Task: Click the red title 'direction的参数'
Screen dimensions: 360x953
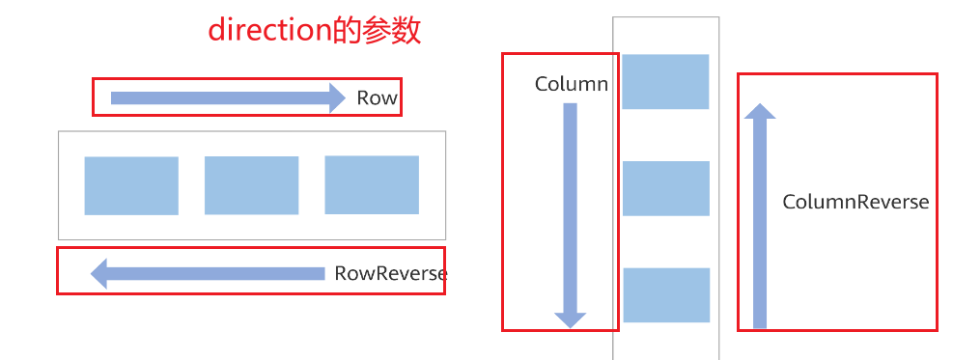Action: coord(315,31)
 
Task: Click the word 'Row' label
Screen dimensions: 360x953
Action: coord(377,97)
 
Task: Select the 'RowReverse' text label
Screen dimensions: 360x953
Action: coord(390,274)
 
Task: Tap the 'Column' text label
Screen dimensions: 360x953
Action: coord(571,85)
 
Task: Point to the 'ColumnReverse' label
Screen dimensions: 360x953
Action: coord(855,203)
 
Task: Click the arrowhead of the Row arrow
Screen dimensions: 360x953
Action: coord(335,97)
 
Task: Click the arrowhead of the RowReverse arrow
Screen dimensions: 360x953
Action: coord(99,274)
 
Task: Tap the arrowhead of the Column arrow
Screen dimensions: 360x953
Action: coord(570,319)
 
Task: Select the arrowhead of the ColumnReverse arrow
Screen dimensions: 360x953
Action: coord(760,112)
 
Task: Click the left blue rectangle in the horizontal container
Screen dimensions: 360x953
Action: coord(131,185)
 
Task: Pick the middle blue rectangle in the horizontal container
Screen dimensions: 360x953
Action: coord(251,185)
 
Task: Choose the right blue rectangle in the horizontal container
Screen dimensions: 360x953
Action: coord(372,184)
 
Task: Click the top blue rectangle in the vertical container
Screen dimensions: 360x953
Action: coord(665,81)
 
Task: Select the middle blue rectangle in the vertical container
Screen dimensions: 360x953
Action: coord(665,188)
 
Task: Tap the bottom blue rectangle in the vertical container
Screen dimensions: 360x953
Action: coord(665,294)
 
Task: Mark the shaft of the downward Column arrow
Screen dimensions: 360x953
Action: coord(570,203)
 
